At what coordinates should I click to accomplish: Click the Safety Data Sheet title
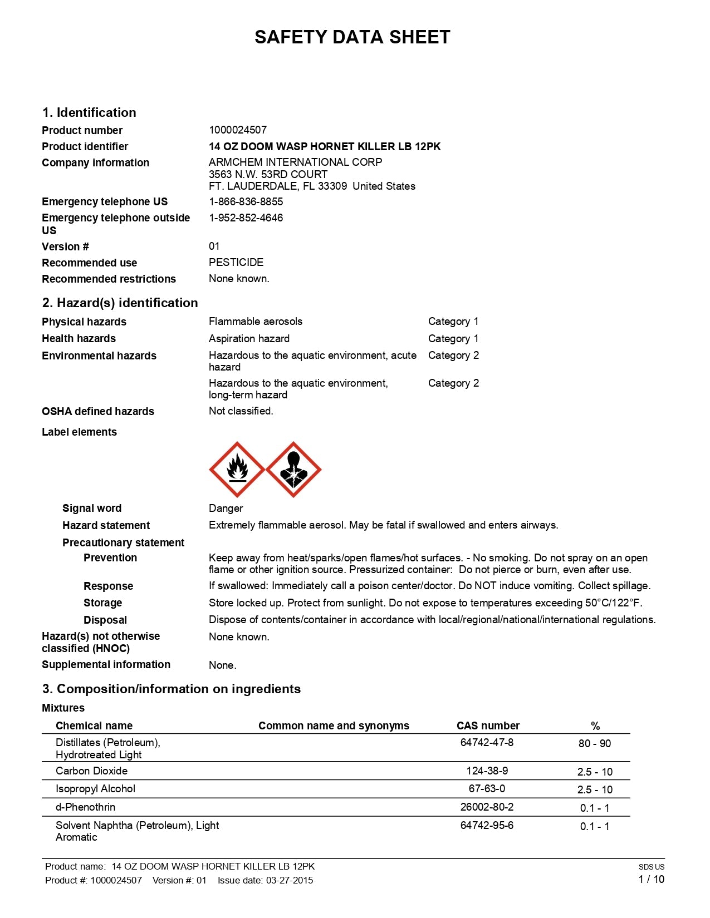pyautogui.click(x=352, y=37)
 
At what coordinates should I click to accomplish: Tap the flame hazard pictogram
pyautogui.click(x=237, y=470)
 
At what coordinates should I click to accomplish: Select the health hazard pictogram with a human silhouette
pyautogui.click(x=293, y=470)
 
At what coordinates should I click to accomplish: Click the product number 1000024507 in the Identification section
pyautogui.click(x=238, y=130)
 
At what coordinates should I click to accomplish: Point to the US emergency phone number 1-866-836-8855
pyautogui.click(x=246, y=201)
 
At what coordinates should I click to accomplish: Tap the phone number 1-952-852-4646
pyautogui.click(x=246, y=218)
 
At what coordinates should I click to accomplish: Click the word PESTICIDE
pyautogui.click(x=236, y=262)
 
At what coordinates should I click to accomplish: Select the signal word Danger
pyautogui.click(x=226, y=508)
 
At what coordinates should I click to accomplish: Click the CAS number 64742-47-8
pyautogui.click(x=487, y=742)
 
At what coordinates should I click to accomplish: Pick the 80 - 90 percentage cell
pyautogui.click(x=594, y=743)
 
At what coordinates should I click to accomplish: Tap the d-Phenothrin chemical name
pyautogui.click(x=86, y=807)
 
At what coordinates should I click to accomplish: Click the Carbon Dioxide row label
pyautogui.click(x=91, y=771)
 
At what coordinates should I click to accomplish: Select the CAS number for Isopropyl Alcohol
pyautogui.click(x=487, y=788)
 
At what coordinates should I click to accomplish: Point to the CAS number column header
pyautogui.click(x=488, y=725)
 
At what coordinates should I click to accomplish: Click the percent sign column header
pyautogui.click(x=595, y=726)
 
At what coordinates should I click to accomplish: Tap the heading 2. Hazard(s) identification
pyautogui.click(x=120, y=303)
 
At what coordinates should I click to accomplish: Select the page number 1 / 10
pyautogui.click(x=651, y=879)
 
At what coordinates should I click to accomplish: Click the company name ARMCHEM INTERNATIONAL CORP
pyautogui.click(x=295, y=162)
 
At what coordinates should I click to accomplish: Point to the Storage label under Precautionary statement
pyautogui.click(x=102, y=603)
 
